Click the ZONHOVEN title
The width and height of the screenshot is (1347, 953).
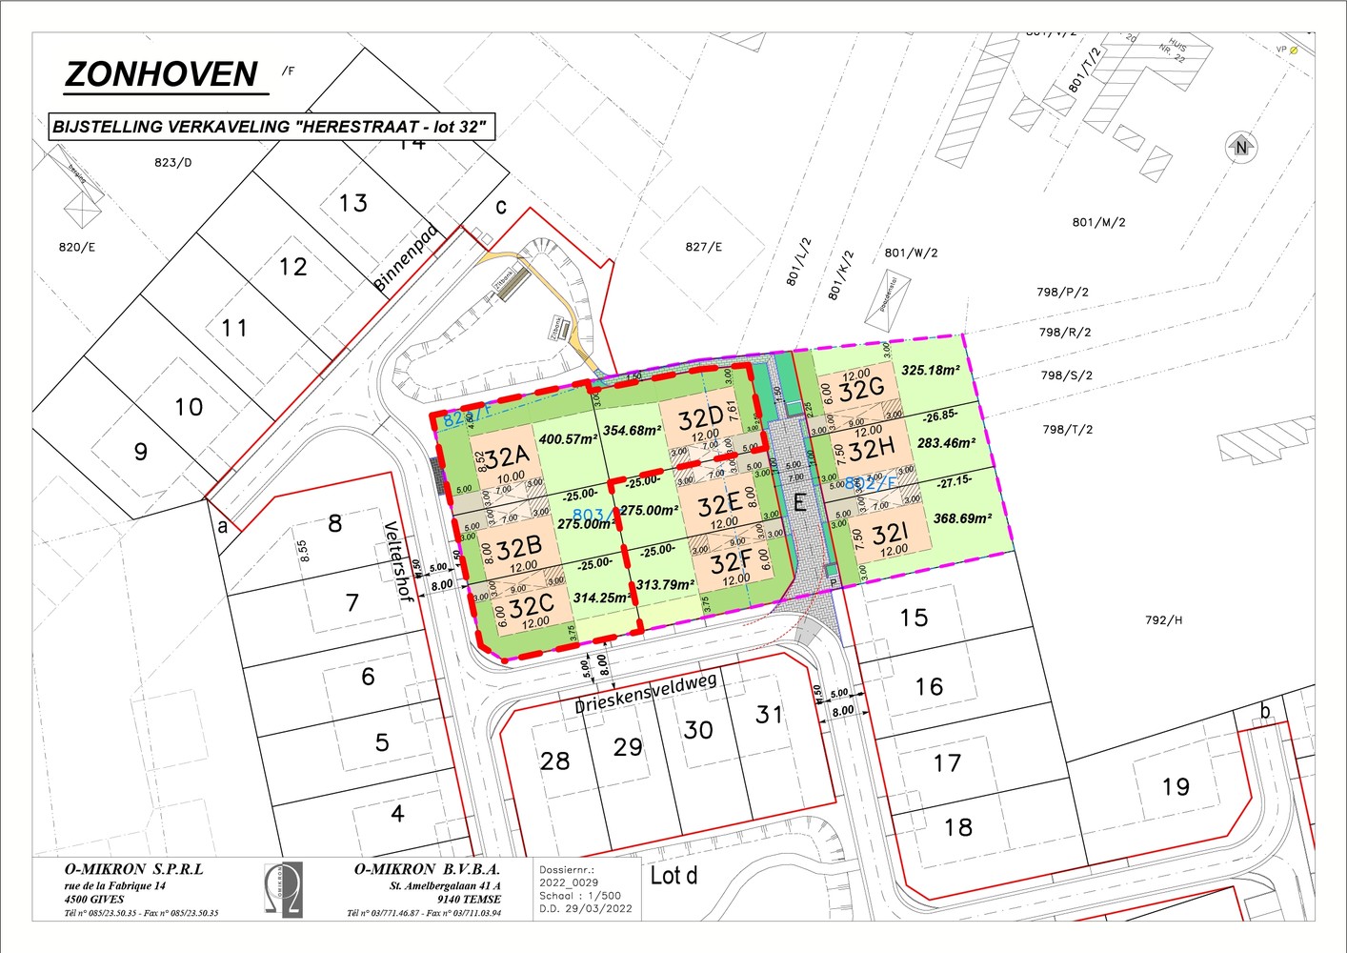click(161, 74)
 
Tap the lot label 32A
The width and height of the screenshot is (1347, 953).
click(508, 456)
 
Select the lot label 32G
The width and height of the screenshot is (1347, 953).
click(862, 390)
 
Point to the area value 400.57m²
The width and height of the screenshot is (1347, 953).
click(567, 439)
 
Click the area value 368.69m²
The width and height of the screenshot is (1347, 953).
click(962, 518)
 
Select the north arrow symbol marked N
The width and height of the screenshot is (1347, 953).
click(1240, 147)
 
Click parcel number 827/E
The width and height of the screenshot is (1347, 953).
click(703, 247)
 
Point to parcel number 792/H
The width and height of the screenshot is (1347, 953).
click(1163, 620)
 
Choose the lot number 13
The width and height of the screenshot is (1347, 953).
click(353, 203)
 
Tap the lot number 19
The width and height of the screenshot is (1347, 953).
click(1176, 786)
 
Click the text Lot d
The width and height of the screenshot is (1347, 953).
click(673, 875)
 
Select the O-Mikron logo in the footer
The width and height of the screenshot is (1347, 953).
click(283, 888)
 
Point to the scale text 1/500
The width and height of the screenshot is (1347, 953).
click(599, 896)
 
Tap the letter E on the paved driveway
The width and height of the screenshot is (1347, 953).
click(800, 502)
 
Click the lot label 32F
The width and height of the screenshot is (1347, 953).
click(732, 562)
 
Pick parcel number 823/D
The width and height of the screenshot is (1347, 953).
click(172, 162)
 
